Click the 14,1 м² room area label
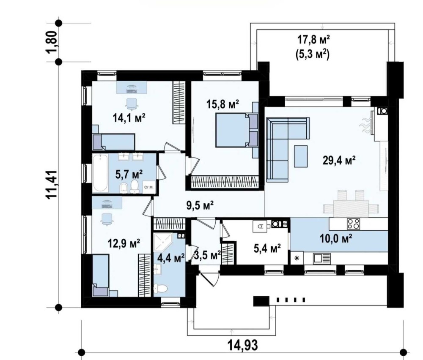[x=129, y=118]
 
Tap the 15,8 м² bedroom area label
[x=223, y=104]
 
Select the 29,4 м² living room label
[x=339, y=160]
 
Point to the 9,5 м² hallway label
[x=200, y=205]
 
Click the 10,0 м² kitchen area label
[x=336, y=238]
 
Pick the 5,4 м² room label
[x=267, y=248]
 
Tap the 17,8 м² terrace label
[x=313, y=40]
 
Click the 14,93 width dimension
[x=242, y=345]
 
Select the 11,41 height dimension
[x=52, y=185]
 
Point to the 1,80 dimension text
[x=52, y=42]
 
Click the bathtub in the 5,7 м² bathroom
[x=100, y=173]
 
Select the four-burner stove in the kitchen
[x=353, y=224]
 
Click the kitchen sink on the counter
[x=322, y=259]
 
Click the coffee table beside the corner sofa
[x=301, y=156]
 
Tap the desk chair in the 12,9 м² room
[x=107, y=218]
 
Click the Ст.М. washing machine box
[x=149, y=187]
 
